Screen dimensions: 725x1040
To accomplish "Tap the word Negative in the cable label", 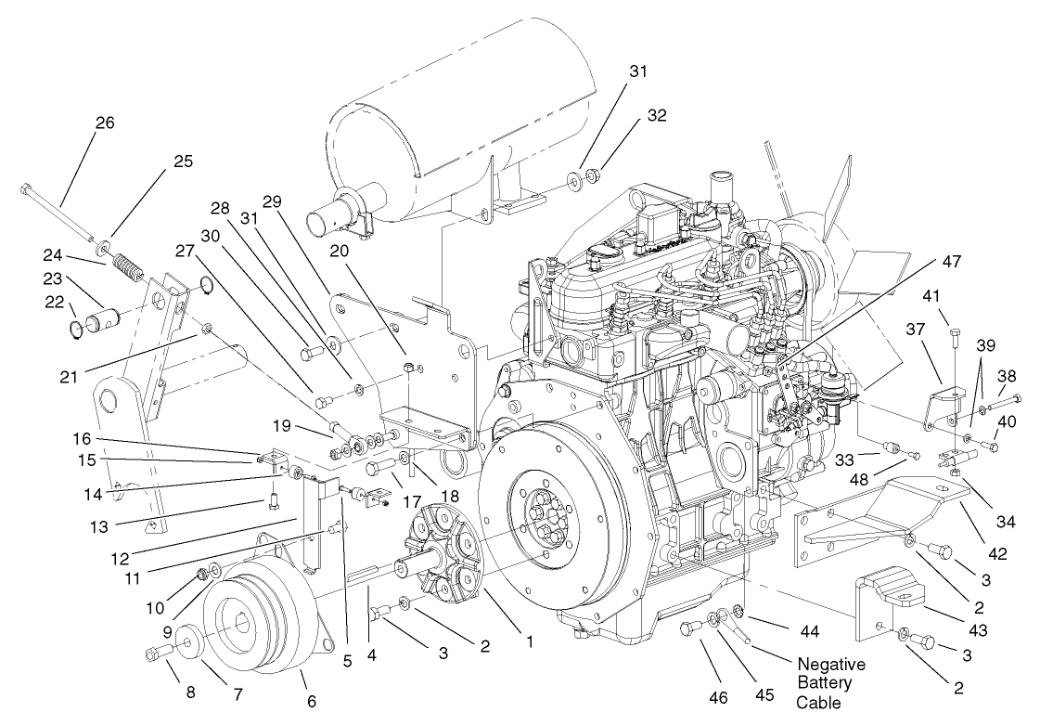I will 831,665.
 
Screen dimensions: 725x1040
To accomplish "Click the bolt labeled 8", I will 153,655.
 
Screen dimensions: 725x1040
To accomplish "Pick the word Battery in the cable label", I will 824,684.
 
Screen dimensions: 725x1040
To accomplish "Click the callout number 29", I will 272,201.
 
